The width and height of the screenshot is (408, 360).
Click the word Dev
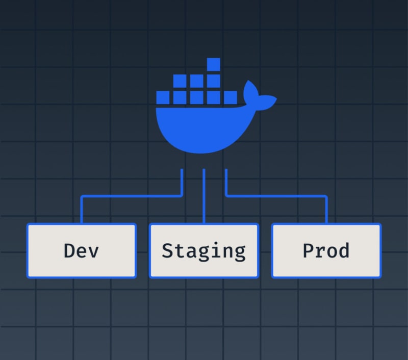tap(81, 250)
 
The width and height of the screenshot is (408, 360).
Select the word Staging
tap(203, 250)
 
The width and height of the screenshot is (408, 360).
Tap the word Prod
tap(326, 250)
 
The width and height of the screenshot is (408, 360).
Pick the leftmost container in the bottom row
tap(163, 97)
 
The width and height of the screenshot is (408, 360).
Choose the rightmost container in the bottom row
tap(230, 97)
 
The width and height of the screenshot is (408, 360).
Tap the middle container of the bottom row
tap(197, 97)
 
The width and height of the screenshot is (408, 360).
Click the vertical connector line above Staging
tap(204, 196)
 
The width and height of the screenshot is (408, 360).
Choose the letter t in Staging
tap(180, 250)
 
